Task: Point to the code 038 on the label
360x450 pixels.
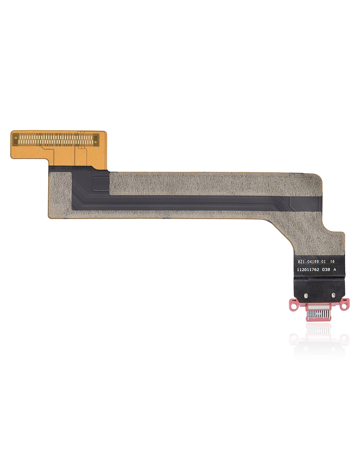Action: point(326,270)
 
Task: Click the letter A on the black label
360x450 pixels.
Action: point(335,270)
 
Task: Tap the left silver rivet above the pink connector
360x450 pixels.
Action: point(305,296)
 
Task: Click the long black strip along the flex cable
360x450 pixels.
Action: point(180,201)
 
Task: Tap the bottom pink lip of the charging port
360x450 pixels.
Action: point(319,320)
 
